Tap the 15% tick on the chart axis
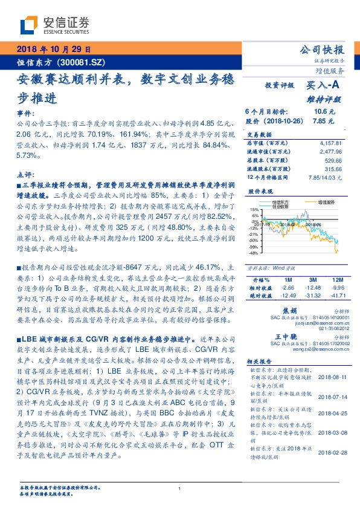[255, 209]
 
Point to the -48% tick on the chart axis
[254, 253]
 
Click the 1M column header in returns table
[287, 279]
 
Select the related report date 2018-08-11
[330, 377]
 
